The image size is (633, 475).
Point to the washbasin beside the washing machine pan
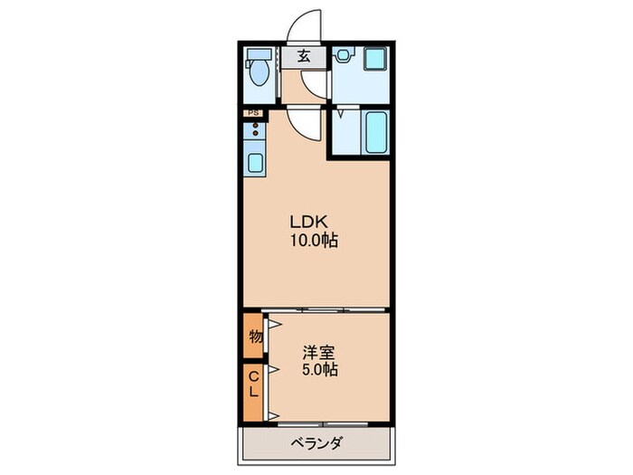pyautogui.click(x=343, y=57)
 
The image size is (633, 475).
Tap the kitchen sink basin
pyautogui.click(x=256, y=164)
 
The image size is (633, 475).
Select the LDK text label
pyautogui.click(x=307, y=222)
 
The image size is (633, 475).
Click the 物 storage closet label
pyautogui.click(x=255, y=337)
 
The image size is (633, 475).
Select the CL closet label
pyautogui.click(x=254, y=385)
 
